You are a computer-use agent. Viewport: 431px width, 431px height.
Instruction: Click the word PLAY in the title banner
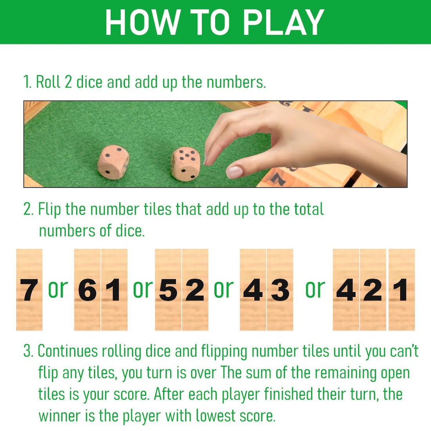pyautogui.click(x=283, y=22)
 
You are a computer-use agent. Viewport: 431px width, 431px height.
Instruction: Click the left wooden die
pyautogui.click(x=113, y=162)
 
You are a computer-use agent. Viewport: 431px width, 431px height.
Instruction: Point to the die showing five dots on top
pyautogui.click(x=185, y=163)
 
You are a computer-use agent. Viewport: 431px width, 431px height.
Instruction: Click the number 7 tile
pyautogui.click(x=29, y=290)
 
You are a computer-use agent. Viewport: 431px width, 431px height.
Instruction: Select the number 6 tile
pyautogui.click(x=87, y=290)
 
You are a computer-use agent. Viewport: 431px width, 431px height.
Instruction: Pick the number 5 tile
pyautogui.click(x=168, y=290)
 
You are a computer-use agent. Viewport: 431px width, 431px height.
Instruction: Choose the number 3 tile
pyautogui.click(x=280, y=290)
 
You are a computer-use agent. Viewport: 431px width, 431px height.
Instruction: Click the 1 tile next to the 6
pyautogui.click(x=114, y=290)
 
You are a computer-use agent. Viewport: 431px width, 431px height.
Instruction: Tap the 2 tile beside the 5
pyautogui.click(x=195, y=290)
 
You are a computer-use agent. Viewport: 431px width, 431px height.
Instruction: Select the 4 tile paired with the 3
pyautogui.click(x=253, y=290)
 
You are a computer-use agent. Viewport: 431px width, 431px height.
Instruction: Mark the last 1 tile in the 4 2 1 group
pyautogui.click(x=402, y=290)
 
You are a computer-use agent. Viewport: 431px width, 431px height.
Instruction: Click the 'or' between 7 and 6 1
pyautogui.click(x=58, y=289)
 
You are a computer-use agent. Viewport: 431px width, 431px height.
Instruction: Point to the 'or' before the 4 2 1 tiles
pyautogui.click(x=315, y=289)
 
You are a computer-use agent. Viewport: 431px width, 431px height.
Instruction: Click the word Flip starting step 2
pyautogui.click(x=49, y=209)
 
